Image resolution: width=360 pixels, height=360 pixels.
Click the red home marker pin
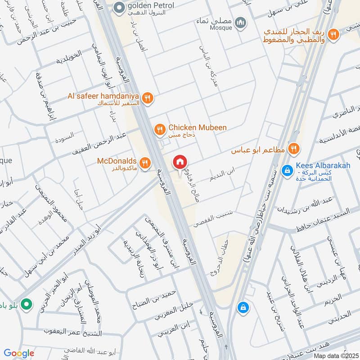[x=180, y=162]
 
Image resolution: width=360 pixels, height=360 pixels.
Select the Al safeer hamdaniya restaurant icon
[x=147, y=98]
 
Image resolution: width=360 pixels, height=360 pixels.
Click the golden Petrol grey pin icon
[x=119, y=7]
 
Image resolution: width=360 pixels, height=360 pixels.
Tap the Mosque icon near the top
[x=241, y=22]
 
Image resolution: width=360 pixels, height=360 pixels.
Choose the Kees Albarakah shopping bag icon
[x=287, y=171]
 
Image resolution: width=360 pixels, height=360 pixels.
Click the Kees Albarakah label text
[x=323, y=166]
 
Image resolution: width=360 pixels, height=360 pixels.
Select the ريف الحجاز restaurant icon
[x=333, y=33]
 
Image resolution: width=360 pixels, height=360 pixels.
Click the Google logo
[x=19, y=353]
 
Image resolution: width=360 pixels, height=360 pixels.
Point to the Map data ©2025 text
[x=335, y=355]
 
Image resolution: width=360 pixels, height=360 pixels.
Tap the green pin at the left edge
[x=27, y=305]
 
